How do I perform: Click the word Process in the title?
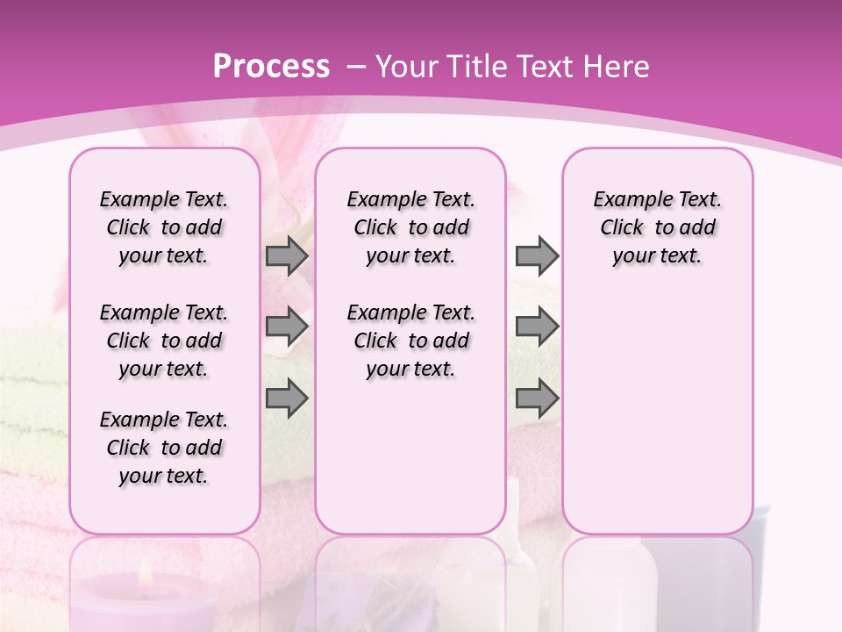[x=271, y=67]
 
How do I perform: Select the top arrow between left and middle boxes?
[x=287, y=255]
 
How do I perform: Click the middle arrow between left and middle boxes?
[x=287, y=327]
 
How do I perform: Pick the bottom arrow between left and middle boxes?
[x=287, y=399]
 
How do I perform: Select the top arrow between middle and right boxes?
[x=537, y=255]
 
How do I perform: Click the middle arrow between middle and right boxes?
[x=537, y=327]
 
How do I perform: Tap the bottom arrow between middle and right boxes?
[x=537, y=399]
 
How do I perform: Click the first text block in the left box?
[x=164, y=227]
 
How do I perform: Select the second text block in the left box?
[x=164, y=341]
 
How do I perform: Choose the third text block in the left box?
[x=164, y=448]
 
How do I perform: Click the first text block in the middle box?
[x=410, y=227]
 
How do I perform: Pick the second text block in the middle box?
[x=410, y=341]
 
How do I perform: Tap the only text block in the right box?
[x=657, y=227]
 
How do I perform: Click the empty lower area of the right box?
[x=657, y=413]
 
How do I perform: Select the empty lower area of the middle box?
[x=410, y=456]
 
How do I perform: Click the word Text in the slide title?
[x=537, y=67]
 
